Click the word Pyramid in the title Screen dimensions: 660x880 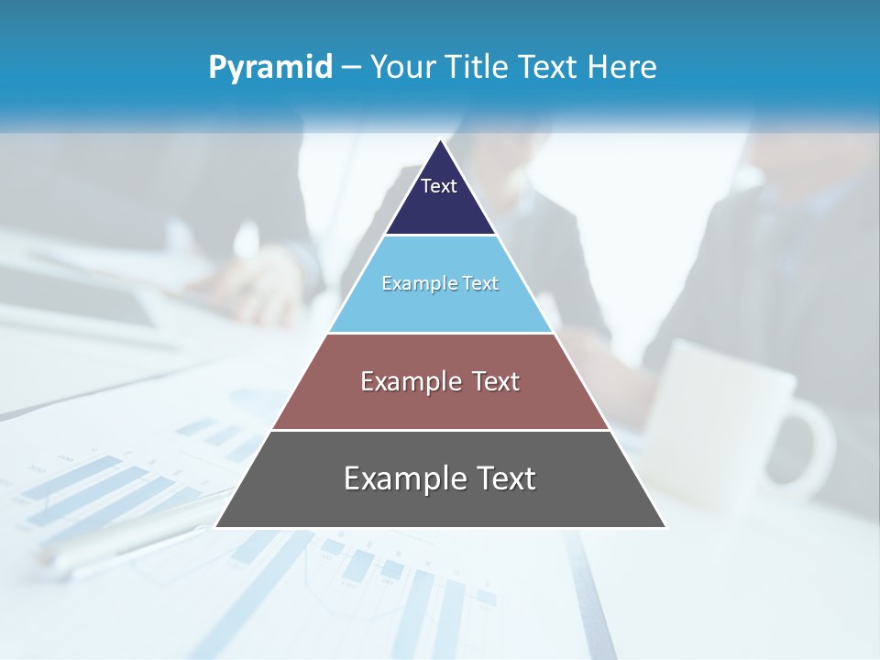[x=270, y=68]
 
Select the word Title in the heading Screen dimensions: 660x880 [x=483, y=67]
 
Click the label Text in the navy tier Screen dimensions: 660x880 [x=439, y=186]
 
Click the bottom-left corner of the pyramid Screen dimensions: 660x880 [x=216, y=527]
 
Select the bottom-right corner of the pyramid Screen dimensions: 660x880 [x=665, y=527]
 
